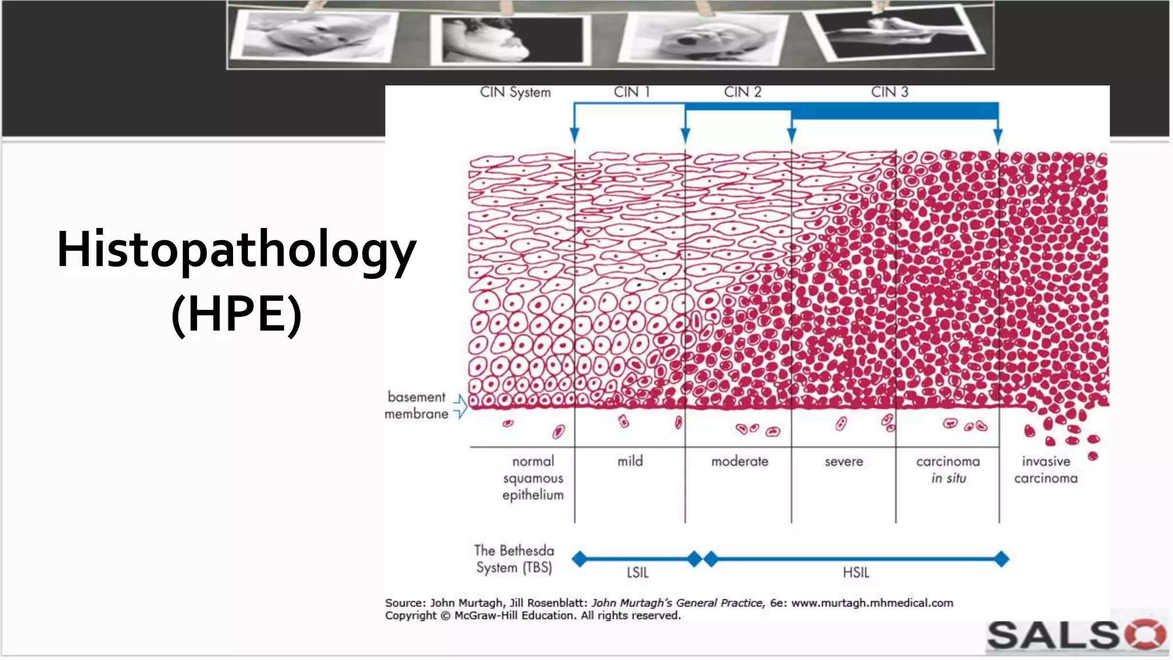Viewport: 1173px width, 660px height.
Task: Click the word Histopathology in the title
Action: tap(237, 250)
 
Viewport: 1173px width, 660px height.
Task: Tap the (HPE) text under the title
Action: tap(237, 314)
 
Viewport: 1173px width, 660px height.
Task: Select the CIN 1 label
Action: tap(631, 92)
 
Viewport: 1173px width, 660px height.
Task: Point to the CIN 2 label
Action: tap(742, 92)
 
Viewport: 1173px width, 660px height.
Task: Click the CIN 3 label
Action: tap(889, 92)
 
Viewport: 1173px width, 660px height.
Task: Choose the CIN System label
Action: tap(515, 93)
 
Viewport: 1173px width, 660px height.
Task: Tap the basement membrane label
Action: tap(416, 405)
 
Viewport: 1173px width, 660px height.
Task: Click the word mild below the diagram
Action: tap(630, 461)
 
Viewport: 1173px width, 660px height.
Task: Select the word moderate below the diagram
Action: tap(739, 461)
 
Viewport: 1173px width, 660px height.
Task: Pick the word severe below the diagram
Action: tap(844, 462)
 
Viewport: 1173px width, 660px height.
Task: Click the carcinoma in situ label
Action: tap(948, 469)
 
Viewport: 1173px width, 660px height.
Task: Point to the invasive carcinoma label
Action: tap(1046, 469)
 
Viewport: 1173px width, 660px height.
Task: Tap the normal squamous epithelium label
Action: tap(533, 478)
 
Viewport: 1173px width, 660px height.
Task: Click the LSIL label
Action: tap(637, 572)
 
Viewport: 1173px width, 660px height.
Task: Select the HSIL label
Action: tap(856, 572)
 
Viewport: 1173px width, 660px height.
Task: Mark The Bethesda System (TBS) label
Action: tap(514, 559)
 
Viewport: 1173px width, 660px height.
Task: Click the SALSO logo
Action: tap(1076, 635)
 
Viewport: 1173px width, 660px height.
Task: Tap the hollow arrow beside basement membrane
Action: tap(460, 406)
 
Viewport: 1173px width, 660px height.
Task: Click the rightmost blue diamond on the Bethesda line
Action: tap(1001, 559)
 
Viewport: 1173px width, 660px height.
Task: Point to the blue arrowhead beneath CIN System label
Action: tap(574, 136)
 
